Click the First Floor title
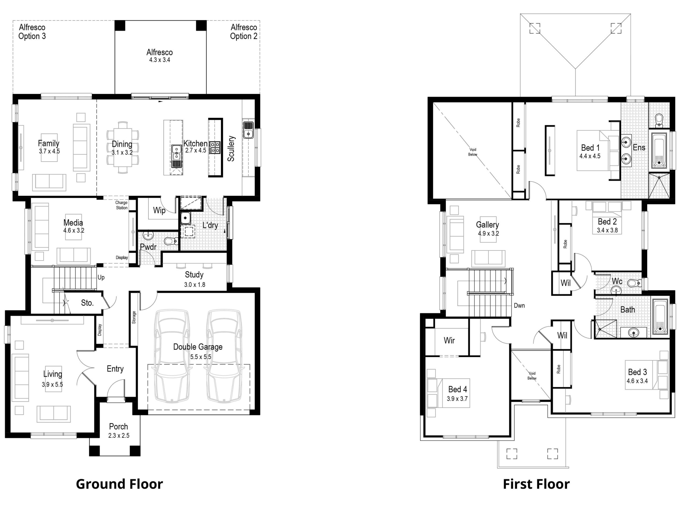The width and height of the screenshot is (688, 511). pyautogui.click(x=536, y=484)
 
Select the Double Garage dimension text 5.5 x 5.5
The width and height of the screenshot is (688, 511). pyautogui.click(x=200, y=357)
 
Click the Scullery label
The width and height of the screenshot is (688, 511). pyautogui.click(x=231, y=148)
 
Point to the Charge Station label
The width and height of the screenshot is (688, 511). pyautogui.click(x=121, y=205)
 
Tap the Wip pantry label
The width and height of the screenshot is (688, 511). pyautogui.click(x=159, y=210)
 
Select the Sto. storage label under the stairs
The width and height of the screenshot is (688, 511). pyautogui.click(x=87, y=303)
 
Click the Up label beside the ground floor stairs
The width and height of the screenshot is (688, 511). pyautogui.click(x=101, y=277)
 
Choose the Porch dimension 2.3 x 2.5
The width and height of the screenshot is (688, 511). pyautogui.click(x=119, y=436)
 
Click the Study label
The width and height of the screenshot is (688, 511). pyautogui.click(x=194, y=275)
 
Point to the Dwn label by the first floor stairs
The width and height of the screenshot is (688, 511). pyautogui.click(x=519, y=306)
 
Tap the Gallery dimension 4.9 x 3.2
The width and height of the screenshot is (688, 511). pyautogui.click(x=488, y=234)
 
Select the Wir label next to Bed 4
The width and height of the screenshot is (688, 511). pyautogui.click(x=449, y=340)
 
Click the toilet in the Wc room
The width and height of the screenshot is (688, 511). pyautogui.click(x=635, y=283)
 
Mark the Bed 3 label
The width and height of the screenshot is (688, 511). pyautogui.click(x=637, y=372)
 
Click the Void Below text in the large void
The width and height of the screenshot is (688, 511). pyautogui.click(x=472, y=152)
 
